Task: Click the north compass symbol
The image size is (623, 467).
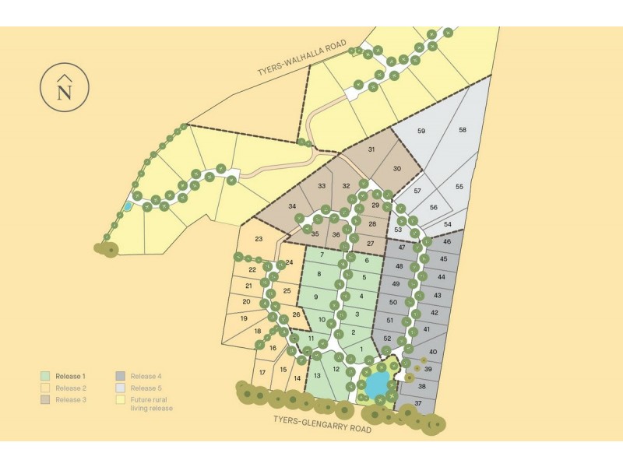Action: pos(65,87)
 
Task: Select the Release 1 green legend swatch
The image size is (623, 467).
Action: pos(46,376)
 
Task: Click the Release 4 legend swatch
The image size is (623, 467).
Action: pos(121,376)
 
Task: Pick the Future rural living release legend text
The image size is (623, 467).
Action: pos(152,403)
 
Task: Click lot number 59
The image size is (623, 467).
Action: pos(421,131)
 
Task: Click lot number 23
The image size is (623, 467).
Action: pos(259,239)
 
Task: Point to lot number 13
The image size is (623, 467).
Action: pos(317,375)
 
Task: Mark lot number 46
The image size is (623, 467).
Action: pos(446,243)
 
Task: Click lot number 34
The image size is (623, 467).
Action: pos(292,206)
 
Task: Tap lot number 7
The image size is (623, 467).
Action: pos(322,255)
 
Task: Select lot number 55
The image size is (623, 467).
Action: pos(459,187)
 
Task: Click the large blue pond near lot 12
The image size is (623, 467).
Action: pos(377,384)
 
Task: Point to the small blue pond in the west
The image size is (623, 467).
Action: pos(126,207)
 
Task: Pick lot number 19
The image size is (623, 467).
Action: pos(244,318)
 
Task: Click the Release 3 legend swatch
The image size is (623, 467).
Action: pos(46,399)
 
